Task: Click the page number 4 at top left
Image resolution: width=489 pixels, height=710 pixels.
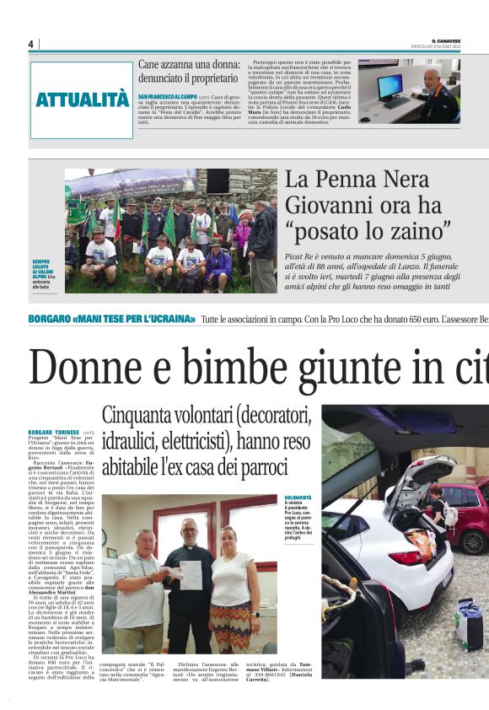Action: point(30,44)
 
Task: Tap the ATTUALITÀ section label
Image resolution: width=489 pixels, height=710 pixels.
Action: point(82,100)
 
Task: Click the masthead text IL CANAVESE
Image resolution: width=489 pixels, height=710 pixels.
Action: point(445,40)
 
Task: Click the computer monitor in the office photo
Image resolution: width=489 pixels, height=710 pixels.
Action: point(390,85)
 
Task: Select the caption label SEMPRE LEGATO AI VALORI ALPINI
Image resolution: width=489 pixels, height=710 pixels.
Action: point(42,268)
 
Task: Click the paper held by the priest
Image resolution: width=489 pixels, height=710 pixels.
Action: point(191,574)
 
